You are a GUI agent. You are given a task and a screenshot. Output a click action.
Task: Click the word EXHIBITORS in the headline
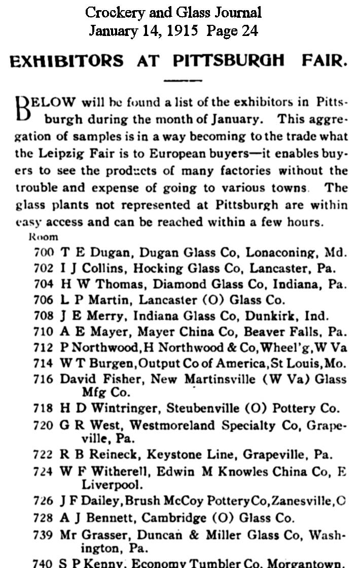coord(66,61)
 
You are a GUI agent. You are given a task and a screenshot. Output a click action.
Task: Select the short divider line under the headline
coord(183,80)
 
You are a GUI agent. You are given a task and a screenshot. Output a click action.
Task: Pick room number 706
coord(44,299)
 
